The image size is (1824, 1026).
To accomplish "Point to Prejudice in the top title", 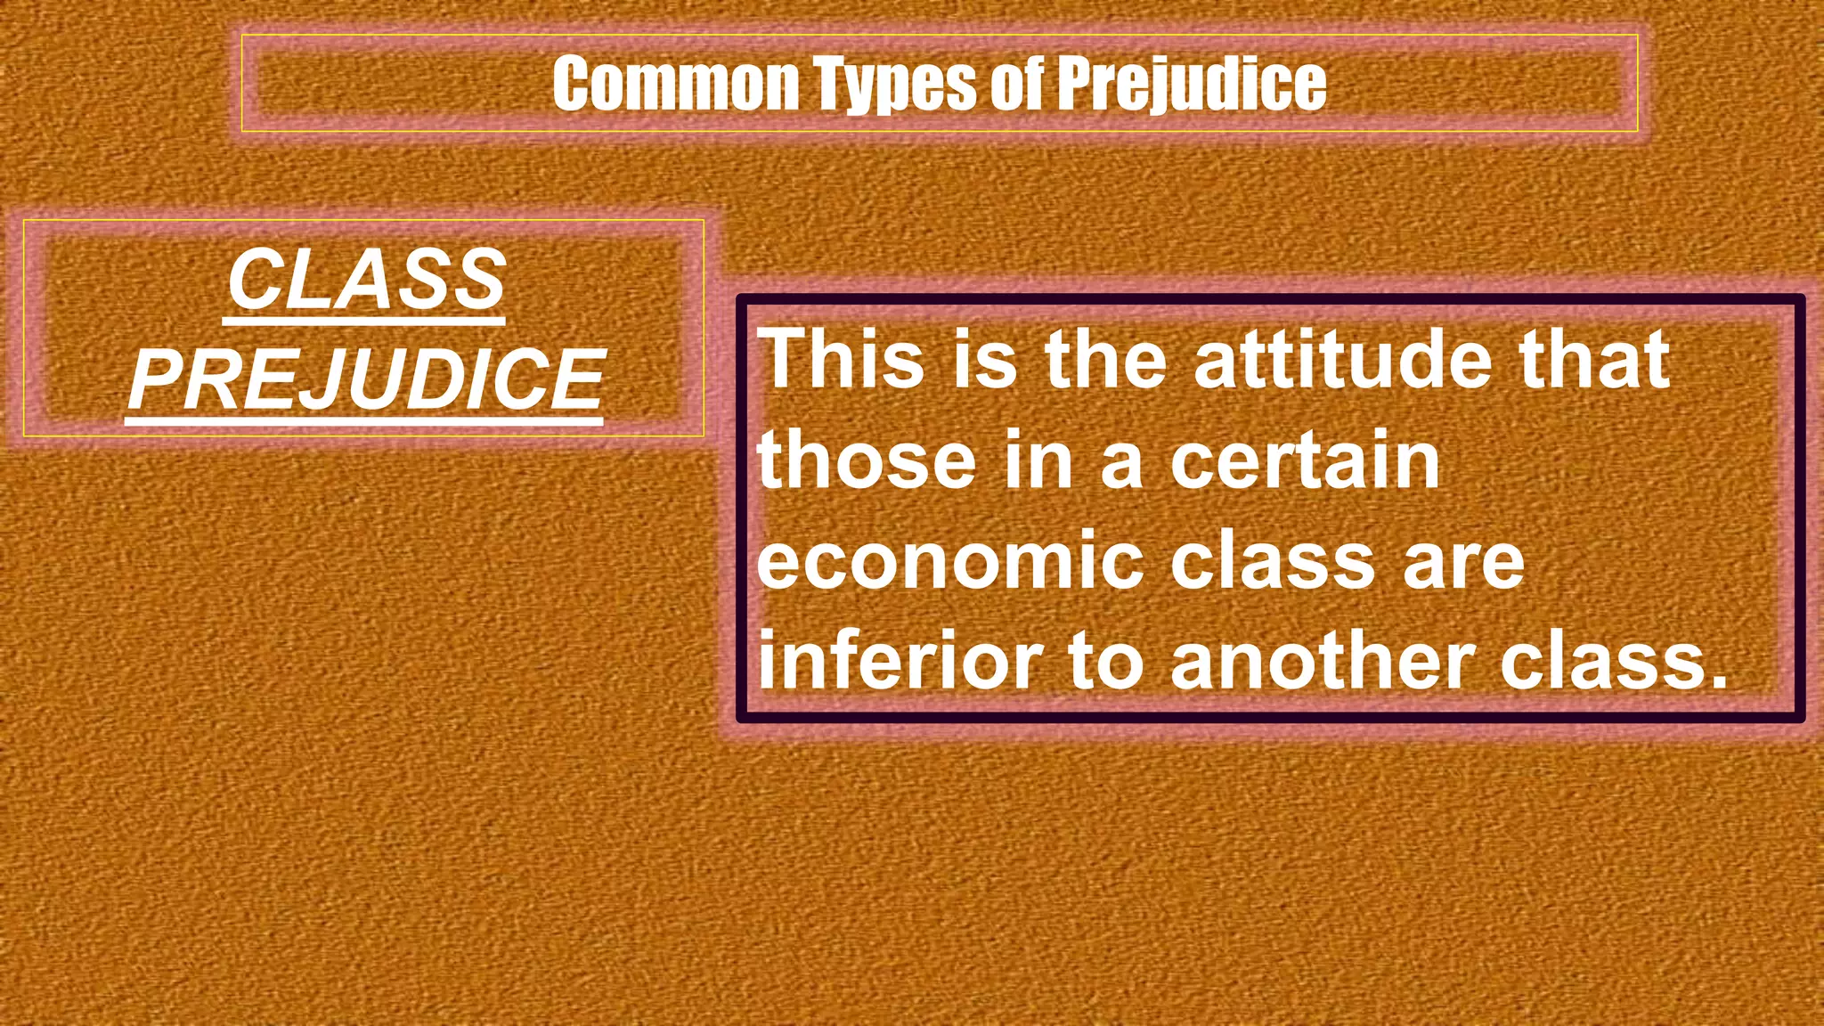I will pos(1192,85).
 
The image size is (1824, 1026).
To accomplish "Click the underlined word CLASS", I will pos(366,280).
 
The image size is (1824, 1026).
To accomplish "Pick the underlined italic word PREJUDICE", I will pos(366,379).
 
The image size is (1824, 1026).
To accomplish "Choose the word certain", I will pos(1305,460).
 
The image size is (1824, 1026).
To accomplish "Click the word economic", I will pos(949,561).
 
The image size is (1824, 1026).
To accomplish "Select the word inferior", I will pos(899,661).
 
